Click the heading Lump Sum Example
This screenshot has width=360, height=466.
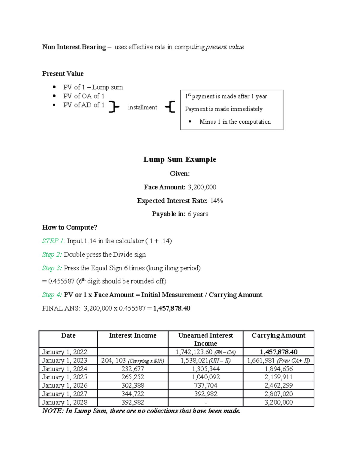click(179, 159)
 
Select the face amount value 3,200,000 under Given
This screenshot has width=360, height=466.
click(202, 187)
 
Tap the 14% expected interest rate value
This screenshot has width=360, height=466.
click(216, 201)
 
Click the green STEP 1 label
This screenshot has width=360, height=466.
click(53, 241)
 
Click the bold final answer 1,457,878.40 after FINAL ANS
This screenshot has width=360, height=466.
click(172, 308)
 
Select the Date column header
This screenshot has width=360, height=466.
click(68, 336)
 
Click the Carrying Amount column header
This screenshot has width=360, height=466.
click(278, 336)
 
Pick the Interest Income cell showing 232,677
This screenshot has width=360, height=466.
click(133, 369)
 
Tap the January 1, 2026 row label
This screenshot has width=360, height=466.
click(64, 386)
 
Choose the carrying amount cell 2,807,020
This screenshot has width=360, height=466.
click(278, 394)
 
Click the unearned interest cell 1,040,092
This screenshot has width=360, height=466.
click(206, 377)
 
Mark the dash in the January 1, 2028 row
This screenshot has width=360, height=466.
click(205, 403)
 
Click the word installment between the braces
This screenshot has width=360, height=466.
click(142, 107)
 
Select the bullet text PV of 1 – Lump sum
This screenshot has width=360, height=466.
click(93, 87)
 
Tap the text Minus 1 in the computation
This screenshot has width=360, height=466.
click(235, 122)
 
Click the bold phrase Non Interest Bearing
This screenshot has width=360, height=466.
click(74, 47)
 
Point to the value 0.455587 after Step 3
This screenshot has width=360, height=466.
click(61, 281)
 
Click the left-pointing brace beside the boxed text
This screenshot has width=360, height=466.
click(170, 107)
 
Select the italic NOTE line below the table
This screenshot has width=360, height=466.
click(141, 411)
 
